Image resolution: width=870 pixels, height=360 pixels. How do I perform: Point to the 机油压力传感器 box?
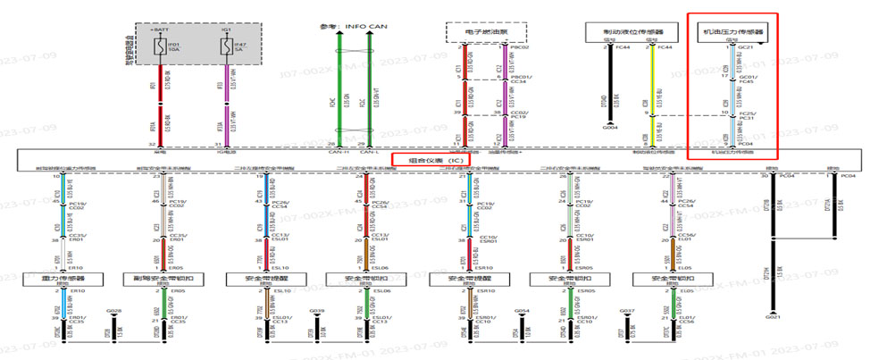pos(736,33)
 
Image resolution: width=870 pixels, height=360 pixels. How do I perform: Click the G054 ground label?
pos(523,311)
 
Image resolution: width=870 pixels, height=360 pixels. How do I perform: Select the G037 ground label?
pos(626,311)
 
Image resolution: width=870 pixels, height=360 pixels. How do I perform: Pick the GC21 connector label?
pos(747,46)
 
